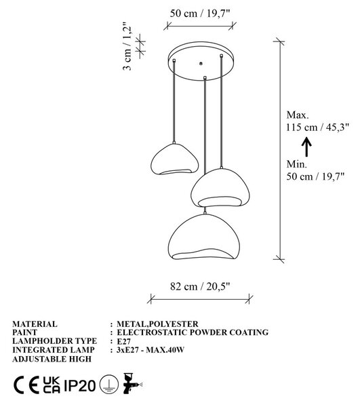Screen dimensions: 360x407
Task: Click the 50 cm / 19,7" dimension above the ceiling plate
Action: click(x=200, y=14)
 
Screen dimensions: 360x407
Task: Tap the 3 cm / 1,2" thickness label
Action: click(x=127, y=46)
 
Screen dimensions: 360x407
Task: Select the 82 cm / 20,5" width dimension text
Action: click(x=200, y=286)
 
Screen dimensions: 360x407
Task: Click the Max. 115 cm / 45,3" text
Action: click(x=317, y=121)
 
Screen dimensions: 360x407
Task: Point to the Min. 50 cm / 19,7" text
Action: click(x=315, y=170)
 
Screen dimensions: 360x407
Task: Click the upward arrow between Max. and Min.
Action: click(x=307, y=147)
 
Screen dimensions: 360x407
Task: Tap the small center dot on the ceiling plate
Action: click(x=201, y=63)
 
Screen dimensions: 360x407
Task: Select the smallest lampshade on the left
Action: click(x=174, y=159)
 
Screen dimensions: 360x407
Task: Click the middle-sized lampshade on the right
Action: click(x=220, y=187)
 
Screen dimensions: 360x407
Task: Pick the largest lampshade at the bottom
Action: click(x=204, y=237)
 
